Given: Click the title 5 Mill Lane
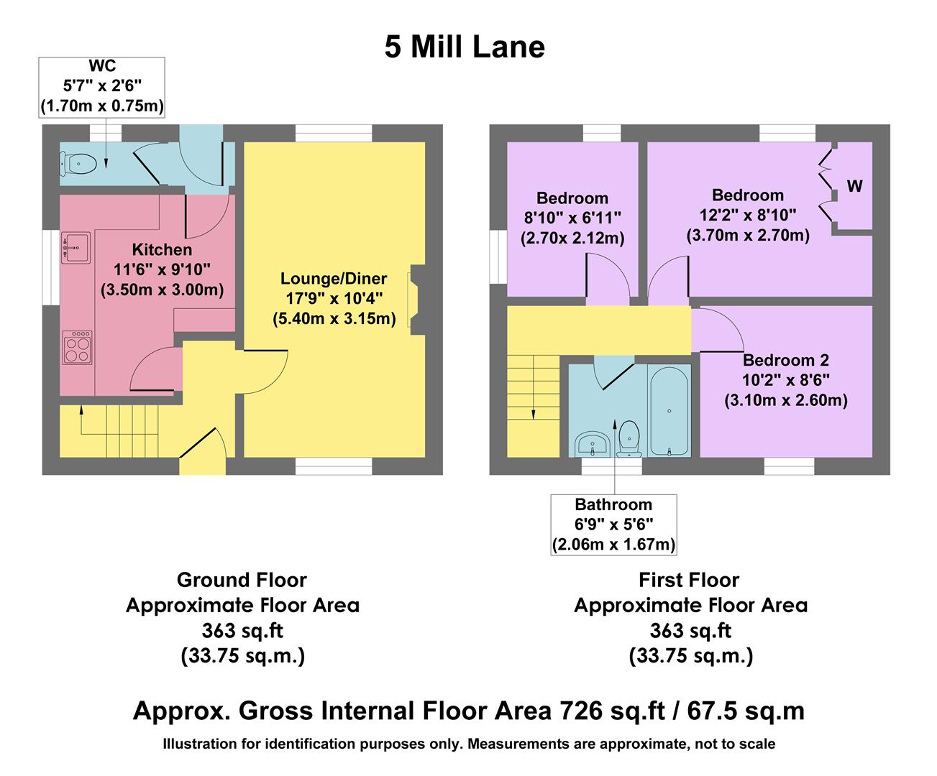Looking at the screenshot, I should click(x=465, y=47).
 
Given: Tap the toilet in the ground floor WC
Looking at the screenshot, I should click(x=79, y=164).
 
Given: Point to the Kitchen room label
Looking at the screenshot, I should click(x=162, y=250).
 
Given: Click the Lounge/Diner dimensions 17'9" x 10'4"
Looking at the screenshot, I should click(x=334, y=297).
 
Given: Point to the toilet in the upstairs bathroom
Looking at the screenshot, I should click(x=630, y=438).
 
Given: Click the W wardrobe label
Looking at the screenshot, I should click(x=854, y=187).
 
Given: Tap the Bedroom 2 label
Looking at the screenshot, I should click(x=786, y=361).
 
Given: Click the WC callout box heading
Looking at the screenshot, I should click(x=102, y=67).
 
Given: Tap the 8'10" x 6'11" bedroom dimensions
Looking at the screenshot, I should click(x=572, y=218).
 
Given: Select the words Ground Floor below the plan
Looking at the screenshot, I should click(x=242, y=580).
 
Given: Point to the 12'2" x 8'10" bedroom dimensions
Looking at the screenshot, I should click(x=748, y=215).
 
